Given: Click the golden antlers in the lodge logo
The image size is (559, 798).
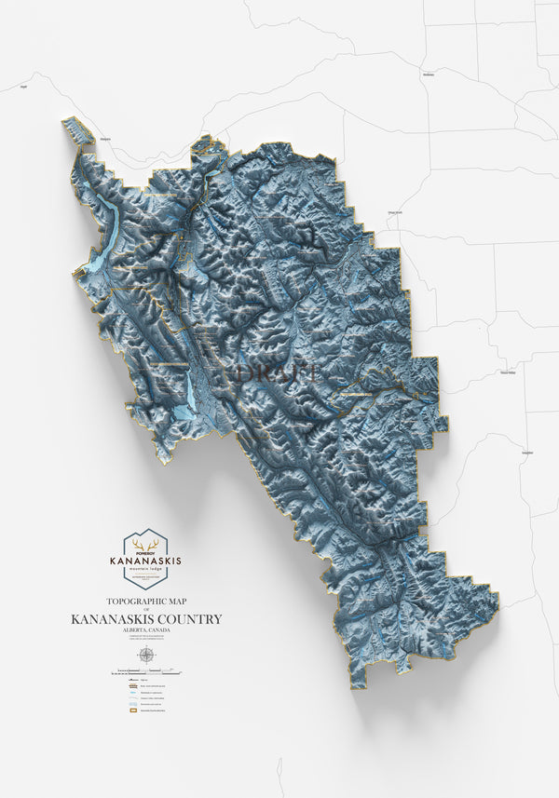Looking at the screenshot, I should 144,545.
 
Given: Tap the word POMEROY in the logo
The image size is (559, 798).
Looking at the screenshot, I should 144,553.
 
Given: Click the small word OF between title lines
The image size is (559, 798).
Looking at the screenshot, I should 145,611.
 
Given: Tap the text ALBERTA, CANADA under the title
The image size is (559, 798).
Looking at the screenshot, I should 145,630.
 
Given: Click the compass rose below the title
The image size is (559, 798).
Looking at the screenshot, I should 145,655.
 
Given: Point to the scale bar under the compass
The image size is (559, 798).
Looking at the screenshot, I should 145,670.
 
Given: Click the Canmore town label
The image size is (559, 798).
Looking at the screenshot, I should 105,139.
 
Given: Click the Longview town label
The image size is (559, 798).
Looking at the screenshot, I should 527,453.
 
